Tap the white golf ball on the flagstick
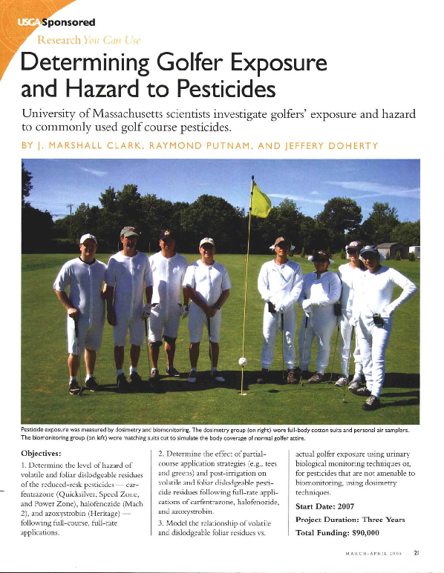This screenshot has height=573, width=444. coord(241,362)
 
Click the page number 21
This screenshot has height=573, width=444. coord(417,551)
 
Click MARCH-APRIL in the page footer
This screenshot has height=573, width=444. coord(368,552)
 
